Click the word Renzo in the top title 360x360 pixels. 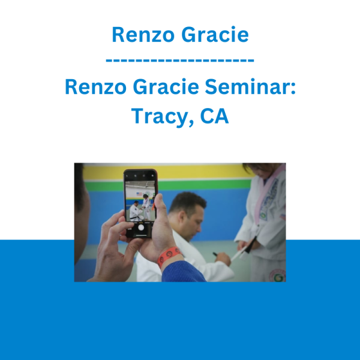click(x=143, y=35)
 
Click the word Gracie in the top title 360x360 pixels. click(x=215, y=35)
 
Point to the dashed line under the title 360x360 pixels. click(x=180, y=61)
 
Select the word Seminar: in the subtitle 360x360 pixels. click(x=250, y=87)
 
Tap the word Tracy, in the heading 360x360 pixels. click(x=162, y=116)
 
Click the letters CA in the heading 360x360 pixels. click(x=214, y=116)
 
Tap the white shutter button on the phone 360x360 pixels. click(x=141, y=227)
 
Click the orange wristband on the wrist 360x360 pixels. click(x=169, y=256)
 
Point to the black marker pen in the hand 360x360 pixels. click(x=216, y=254)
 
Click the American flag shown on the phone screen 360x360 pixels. click(x=139, y=194)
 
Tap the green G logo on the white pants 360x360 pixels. click(x=278, y=278)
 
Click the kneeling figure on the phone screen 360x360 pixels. click(x=136, y=211)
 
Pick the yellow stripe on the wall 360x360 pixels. click(x=169, y=172)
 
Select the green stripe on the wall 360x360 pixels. click(x=169, y=185)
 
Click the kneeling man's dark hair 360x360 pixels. click(x=187, y=202)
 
